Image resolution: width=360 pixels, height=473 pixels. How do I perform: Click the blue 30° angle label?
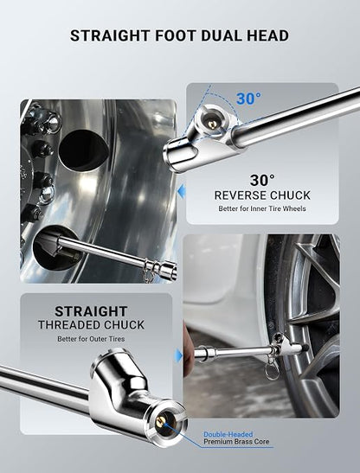tap(248, 99)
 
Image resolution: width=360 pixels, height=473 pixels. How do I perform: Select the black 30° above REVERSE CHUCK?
tap(262, 181)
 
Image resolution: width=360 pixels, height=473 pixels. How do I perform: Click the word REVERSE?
tap(240, 195)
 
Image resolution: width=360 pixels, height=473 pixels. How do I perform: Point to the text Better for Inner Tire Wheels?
tap(262, 208)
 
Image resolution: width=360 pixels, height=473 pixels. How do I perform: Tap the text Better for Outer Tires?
tap(91, 339)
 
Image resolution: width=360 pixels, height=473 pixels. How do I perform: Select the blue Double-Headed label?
tap(228, 434)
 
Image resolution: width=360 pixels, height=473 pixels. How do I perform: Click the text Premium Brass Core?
tap(236, 442)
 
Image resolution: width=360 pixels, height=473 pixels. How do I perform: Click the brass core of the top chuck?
tap(212, 125)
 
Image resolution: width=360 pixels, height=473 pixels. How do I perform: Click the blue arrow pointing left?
tap(182, 192)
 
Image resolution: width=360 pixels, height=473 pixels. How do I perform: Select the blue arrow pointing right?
tap(179, 355)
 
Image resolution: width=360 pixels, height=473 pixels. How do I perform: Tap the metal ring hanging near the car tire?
tap(272, 373)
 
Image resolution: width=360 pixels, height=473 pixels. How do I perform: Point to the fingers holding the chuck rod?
tap(188, 350)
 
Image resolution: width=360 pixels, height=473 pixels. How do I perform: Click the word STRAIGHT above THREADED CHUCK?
tap(91, 311)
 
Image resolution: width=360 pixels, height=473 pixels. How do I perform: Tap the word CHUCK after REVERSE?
tap(290, 195)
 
